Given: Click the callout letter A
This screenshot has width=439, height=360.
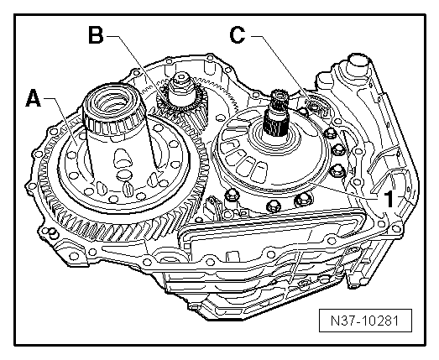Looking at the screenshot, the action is click(x=34, y=98).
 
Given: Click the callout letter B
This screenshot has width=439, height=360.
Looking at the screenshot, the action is click(x=96, y=35).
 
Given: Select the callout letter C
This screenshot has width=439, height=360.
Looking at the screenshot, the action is click(x=238, y=35).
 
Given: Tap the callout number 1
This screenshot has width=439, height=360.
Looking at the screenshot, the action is click(x=389, y=199).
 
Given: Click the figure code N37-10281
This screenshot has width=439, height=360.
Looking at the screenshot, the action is click(x=365, y=321).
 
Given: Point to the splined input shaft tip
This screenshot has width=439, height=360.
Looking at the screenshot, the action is click(x=278, y=97).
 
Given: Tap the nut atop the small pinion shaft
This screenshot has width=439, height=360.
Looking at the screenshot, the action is click(x=181, y=78).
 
